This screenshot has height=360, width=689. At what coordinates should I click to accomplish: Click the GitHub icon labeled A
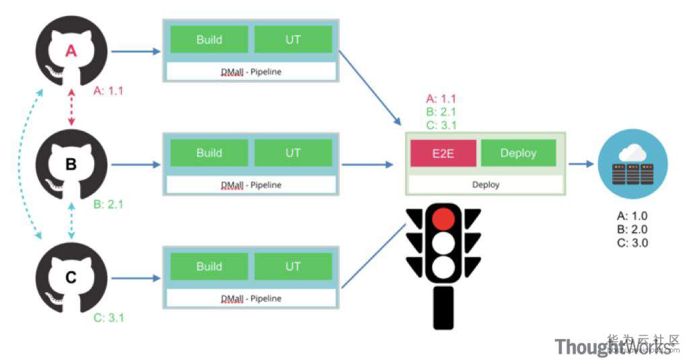pos(71,52)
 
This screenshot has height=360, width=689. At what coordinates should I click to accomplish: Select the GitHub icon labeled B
pos(71,164)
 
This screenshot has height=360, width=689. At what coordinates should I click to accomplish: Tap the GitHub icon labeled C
pos(71,277)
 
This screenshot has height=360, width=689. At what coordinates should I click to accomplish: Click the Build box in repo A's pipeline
pos(209,40)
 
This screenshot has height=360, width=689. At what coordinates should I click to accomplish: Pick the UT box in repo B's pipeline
pos(293,153)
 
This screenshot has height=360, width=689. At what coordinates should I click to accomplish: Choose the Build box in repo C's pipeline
pos(209,266)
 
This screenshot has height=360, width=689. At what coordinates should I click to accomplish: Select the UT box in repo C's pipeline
pos(293,266)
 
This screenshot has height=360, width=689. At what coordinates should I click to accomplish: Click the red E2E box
pos(443,153)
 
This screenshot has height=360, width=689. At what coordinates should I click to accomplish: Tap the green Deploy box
pos(518,153)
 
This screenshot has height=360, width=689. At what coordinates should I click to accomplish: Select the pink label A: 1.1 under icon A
pos(108,91)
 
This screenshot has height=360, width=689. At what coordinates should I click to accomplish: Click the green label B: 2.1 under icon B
pos(108,203)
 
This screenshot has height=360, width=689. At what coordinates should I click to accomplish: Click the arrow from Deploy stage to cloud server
pos(583,164)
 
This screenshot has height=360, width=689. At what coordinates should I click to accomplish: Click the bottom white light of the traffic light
pos(443,267)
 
